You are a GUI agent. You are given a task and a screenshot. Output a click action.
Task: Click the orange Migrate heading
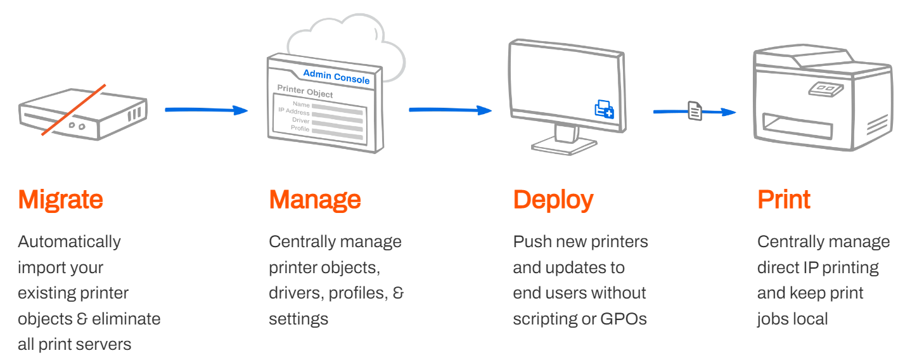pos(60,200)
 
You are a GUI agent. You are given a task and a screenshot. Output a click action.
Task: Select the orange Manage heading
pos(315,200)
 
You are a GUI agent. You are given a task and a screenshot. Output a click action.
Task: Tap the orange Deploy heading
pos(553,200)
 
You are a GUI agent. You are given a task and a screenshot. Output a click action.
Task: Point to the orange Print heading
pos(783,200)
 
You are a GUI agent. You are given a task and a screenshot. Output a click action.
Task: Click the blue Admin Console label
pos(336,77)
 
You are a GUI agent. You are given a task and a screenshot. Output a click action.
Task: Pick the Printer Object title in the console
pos(305,92)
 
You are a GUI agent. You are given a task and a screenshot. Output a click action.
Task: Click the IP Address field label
pos(294,112)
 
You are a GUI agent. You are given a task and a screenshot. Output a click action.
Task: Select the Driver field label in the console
pos(300,120)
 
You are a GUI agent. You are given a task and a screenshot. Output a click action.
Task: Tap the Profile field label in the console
pos(300,128)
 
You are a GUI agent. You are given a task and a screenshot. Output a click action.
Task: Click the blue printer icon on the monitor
pos(603,109)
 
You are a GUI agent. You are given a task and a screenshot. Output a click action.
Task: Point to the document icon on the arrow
pos(695,112)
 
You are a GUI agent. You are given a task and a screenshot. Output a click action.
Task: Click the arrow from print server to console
pos(206,110)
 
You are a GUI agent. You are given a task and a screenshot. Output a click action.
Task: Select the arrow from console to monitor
pos(450,110)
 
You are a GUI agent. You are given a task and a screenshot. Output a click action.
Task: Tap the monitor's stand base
pos(563,146)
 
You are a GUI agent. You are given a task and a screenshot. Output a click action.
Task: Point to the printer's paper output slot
pos(797,125)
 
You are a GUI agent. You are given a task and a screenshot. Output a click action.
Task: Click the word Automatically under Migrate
pos(69,241)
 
